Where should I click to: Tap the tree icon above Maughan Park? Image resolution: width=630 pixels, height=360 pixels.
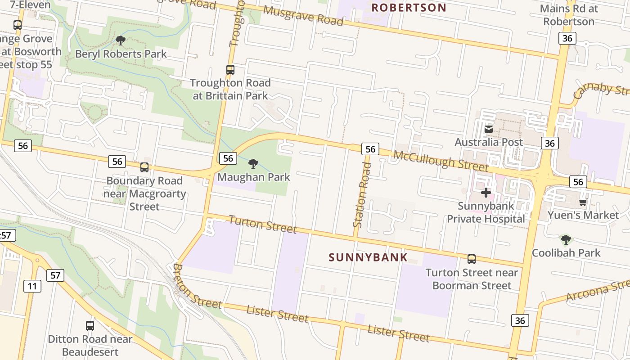(253, 164)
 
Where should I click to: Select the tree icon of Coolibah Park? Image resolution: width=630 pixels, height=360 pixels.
(566, 240)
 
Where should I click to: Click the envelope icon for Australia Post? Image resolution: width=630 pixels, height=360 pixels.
(488, 130)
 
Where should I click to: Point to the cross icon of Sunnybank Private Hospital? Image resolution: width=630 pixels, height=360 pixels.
(486, 193)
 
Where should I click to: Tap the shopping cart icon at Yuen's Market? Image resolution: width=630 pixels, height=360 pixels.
(583, 202)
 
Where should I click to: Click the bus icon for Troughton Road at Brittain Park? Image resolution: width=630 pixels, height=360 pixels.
(230, 70)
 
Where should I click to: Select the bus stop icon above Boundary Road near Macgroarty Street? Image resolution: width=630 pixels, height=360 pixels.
(144, 167)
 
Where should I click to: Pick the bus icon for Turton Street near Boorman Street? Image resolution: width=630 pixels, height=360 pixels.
(471, 259)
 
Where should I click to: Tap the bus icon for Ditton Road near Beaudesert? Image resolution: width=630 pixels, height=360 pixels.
(90, 326)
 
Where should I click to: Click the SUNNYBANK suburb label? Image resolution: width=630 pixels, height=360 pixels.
(368, 257)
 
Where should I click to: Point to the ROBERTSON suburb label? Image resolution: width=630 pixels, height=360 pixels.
(409, 8)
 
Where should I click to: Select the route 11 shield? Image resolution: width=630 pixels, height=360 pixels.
(32, 286)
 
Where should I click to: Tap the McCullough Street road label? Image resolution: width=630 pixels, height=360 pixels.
(441, 161)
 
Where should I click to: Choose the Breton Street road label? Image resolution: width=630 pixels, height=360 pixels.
(197, 286)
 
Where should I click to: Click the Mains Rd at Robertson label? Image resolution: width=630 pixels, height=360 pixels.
(568, 15)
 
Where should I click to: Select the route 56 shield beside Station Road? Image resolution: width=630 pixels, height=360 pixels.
(370, 149)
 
